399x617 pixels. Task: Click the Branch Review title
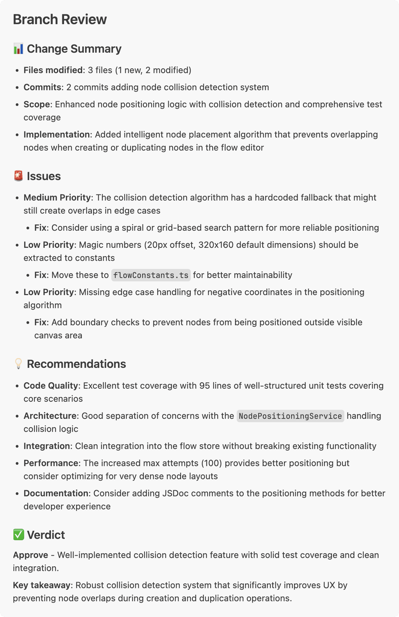click(x=60, y=19)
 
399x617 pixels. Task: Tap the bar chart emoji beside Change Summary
click(x=18, y=49)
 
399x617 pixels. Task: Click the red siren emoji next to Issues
click(x=18, y=176)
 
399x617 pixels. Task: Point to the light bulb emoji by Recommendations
click(x=18, y=364)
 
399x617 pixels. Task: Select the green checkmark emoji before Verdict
click(x=18, y=535)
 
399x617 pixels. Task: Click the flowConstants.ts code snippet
click(x=151, y=275)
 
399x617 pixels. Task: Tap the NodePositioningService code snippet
click(x=290, y=416)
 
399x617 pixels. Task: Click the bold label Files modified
click(x=53, y=70)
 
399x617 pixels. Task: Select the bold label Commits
click(x=42, y=87)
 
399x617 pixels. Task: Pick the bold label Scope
click(x=37, y=104)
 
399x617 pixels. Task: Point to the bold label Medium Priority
click(x=57, y=198)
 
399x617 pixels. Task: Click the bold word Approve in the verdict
click(x=31, y=555)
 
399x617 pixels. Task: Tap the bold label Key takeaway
click(x=42, y=585)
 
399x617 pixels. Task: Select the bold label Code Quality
click(x=51, y=386)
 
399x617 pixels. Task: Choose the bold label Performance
click(x=51, y=463)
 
